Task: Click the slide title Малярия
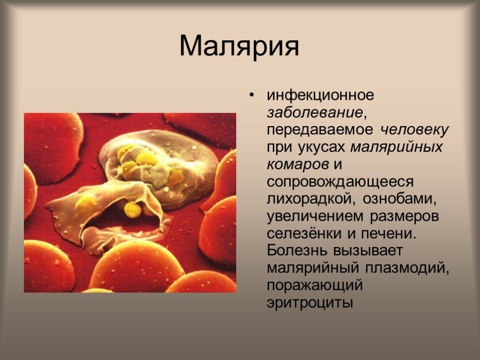coord(239,46)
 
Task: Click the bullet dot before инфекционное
coord(252,95)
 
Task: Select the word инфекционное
coord(320,95)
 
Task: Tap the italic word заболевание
coord(315,112)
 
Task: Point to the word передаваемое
coord(320,130)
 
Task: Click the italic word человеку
coord(414,130)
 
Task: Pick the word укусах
coord(321,147)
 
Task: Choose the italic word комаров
coord(298,165)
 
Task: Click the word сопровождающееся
coord(340,182)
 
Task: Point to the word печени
coord(386,234)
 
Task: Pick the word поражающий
coord(315,285)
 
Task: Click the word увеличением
coord(315,217)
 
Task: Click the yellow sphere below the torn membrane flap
coord(133,210)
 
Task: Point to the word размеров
coord(405,217)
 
